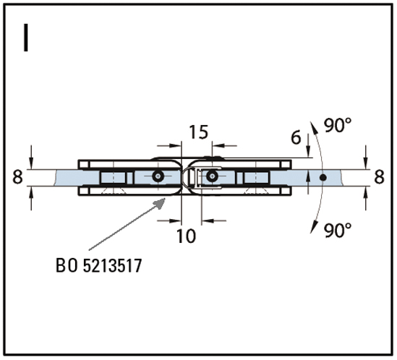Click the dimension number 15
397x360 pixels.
pyautogui.click(x=199, y=132)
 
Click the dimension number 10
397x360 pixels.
pyautogui.click(x=186, y=236)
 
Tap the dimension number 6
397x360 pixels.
pyautogui.click(x=296, y=137)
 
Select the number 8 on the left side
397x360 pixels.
pyautogui.click(x=17, y=176)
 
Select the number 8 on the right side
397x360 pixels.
pyautogui.click(x=379, y=176)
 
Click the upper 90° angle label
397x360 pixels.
pyautogui.click(x=338, y=125)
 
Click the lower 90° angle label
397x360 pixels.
pyautogui.click(x=338, y=230)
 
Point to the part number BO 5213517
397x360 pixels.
pyautogui.click(x=99, y=265)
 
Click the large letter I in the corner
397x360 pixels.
pyautogui.click(x=25, y=38)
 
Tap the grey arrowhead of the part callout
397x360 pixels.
pyautogui.click(x=160, y=203)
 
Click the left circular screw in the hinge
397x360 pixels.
pyautogui.click(x=158, y=176)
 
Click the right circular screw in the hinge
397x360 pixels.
pyautogui.click(x=212, y=176)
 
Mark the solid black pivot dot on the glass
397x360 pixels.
pyautogui.click(x=323, y=177)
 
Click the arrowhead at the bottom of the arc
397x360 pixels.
pyautogui.click(x=314, y=226)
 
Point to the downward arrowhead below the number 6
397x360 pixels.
pyautogui.click(x=308, y=152)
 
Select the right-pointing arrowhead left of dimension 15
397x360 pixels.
pyautogui.click(x=176, y=145)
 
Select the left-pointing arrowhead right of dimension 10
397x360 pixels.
pyautogui.click(x=208, y=220)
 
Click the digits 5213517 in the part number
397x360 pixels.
pyautogui.click(x=112, y=265)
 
